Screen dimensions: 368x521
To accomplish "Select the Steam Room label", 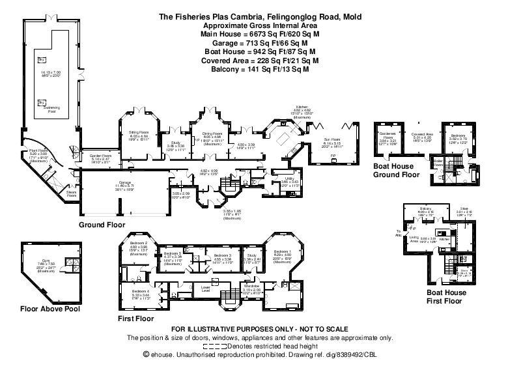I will [72, 193].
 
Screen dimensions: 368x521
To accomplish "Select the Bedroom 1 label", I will [281, 251].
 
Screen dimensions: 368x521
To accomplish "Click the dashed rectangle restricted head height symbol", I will [221, 346].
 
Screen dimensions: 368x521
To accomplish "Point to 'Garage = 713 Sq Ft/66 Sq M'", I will [260, 41].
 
